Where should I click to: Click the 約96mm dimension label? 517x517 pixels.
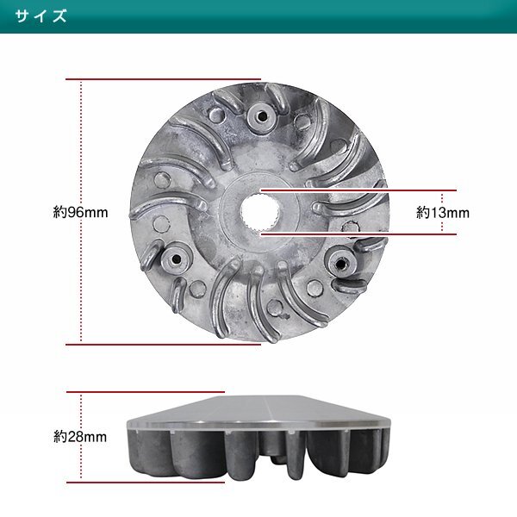(x=79, y=211)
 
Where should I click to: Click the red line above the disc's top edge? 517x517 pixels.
(x=164, y=78)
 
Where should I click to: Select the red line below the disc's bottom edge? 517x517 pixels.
(x=164, y=344)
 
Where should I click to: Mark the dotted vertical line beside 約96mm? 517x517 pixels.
(x=80, y=146)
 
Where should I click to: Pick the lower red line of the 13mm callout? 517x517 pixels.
(x=362, y=232)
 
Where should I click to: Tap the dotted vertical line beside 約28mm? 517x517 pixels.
(x=80, y=409)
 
